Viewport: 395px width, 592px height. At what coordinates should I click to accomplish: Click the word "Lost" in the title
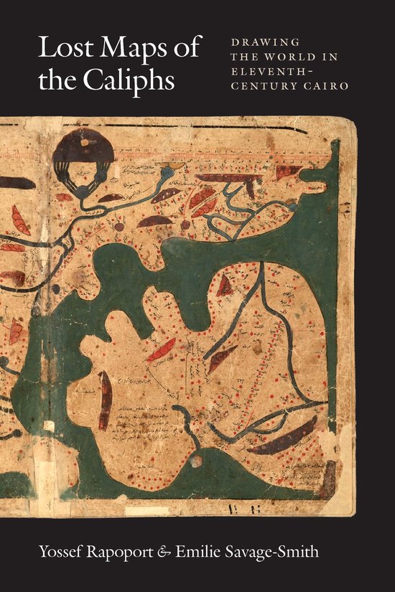click(60, 52)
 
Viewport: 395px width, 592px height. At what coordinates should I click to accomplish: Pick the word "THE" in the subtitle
click(244, 58)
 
